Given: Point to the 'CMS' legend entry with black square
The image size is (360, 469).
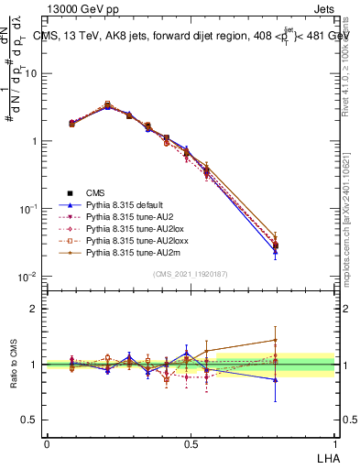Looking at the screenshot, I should click(x=96, y=193).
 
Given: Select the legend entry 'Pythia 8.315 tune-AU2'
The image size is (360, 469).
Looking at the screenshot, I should click(x=116, y=217).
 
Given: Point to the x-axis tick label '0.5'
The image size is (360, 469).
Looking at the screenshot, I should click(x=190, y=443).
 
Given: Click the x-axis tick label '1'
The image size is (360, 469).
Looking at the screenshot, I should click(x=333, y=443).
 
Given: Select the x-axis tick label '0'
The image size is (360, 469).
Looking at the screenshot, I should click(x=47, y=443).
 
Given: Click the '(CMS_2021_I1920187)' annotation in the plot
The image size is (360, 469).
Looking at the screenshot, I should click(x=191, y=274).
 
